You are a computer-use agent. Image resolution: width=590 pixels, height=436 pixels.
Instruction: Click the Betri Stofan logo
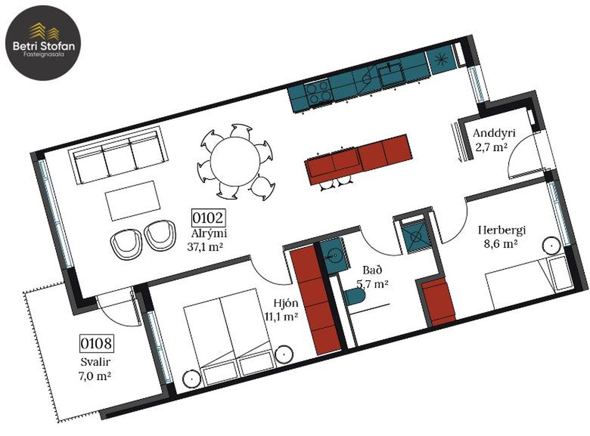43,43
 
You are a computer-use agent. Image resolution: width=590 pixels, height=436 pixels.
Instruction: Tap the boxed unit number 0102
208,218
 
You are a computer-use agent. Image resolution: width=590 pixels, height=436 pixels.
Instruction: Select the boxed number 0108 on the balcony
96,343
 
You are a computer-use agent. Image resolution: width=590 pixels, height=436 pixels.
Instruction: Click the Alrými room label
209,233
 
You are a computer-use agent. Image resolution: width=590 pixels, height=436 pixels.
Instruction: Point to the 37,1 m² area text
205,247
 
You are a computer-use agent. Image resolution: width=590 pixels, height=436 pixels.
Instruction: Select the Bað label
372,270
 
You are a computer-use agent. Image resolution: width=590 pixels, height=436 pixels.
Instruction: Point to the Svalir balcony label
96,362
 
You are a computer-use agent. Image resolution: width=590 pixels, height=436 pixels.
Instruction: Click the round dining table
235,161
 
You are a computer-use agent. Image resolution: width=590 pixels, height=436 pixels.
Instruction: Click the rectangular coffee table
132,201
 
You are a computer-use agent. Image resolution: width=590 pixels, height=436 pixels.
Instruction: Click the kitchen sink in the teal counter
391,72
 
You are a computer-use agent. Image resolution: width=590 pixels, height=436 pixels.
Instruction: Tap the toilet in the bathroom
355,298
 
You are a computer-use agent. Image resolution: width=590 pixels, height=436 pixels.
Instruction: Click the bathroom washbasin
333,255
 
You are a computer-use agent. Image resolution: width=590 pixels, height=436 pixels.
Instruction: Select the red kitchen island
358,159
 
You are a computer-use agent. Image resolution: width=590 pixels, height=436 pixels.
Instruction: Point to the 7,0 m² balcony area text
96,376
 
